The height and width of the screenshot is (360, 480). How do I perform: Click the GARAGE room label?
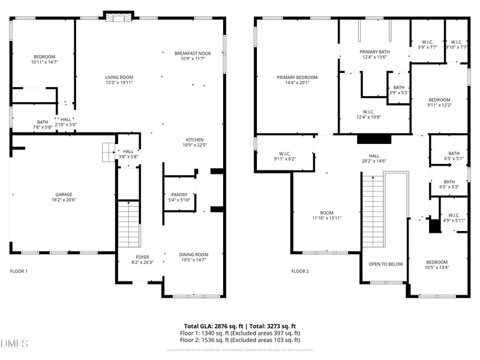[x=64, y=194]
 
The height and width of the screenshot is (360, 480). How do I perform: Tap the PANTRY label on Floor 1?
[x=179, y=195]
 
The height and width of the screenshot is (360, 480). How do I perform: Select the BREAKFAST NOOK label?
[x=193, y=53]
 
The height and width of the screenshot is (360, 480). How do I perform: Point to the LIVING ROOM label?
[x=119, y=77]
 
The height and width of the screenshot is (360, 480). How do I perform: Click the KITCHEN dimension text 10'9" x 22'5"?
[x=194, y=145]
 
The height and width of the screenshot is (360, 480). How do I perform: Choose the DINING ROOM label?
[x=194, y=254]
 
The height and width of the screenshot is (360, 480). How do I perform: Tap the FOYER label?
[x=143, y=256]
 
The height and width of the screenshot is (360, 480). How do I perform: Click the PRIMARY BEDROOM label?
[x=297, y=77]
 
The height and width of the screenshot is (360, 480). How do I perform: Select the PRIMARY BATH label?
[x=374, y=52]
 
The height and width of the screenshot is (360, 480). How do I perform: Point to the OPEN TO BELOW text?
[x=386, y=264]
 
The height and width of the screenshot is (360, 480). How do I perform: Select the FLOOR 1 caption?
[x=19, y=271]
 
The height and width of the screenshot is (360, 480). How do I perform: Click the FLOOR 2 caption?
[x=300, y=271]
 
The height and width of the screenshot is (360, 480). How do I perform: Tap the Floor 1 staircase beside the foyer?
[x=128, y=225]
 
